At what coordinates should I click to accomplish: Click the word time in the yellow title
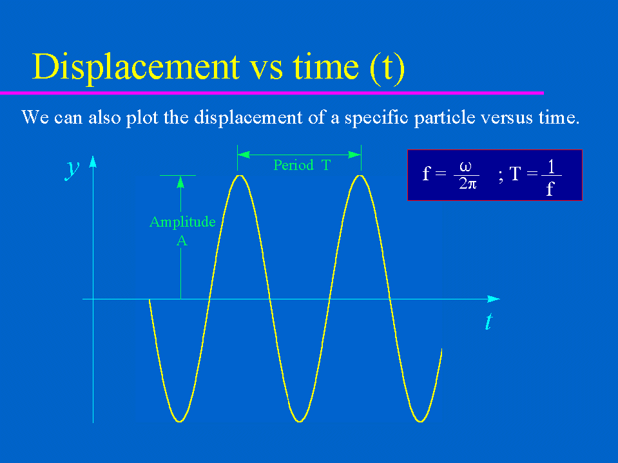click(x=325, y=66)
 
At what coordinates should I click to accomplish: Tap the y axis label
click(x=72, y=170)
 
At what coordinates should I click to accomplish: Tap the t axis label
click(x=489, y=321)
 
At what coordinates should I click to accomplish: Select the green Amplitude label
click(x=182, y=222)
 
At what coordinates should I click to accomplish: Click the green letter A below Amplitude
click(x=182, y=241)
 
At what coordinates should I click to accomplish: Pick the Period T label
click(x=302, y=165)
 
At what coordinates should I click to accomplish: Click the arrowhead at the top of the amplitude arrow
click(x=180, y=182)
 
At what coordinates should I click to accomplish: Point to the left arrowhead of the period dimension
click(x=244, y=155)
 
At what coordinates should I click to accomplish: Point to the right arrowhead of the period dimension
click(x=354, y=155)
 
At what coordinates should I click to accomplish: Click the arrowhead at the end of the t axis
click(x=494, y=299)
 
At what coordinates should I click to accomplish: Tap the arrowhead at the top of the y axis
click(x=93, y=162)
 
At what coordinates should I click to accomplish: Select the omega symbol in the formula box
click(x=466, y=167)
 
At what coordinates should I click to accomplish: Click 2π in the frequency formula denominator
click(x=468, y=184)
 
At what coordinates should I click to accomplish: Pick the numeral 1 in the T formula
click(x=551, y=167)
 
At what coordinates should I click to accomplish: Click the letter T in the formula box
click(x=515, y=174)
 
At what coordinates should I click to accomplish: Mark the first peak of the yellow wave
click(x=240, y=175)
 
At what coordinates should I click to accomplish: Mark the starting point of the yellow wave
click(x=150, y=300)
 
